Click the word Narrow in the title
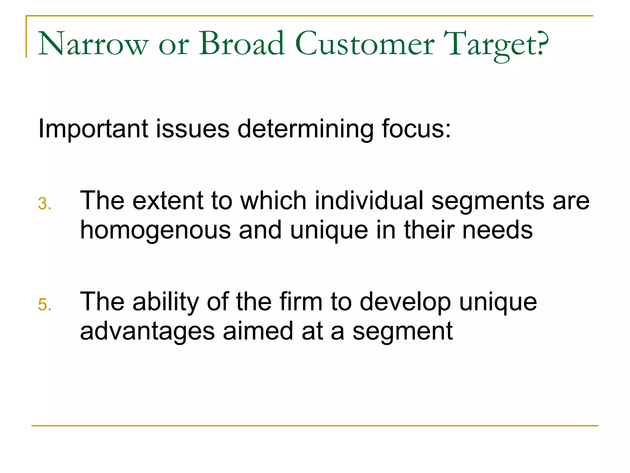93,44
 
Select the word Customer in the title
365,44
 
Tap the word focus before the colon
413,129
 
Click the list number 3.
45,204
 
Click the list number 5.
45,305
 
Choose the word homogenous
155,230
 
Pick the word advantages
147,332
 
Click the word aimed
258,331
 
